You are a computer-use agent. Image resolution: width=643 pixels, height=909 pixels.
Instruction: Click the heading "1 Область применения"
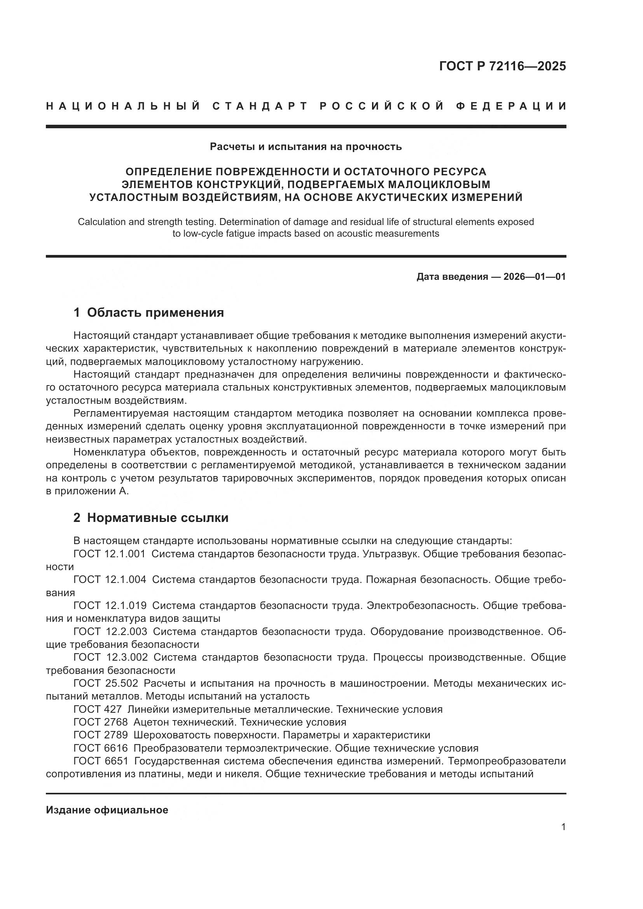click(149, 313)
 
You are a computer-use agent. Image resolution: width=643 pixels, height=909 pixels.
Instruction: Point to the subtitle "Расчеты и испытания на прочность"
click(306, 147)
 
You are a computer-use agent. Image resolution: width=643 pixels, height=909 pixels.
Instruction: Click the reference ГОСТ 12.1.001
click(110, 554)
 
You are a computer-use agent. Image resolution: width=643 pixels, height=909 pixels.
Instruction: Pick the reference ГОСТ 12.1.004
click(110, 579)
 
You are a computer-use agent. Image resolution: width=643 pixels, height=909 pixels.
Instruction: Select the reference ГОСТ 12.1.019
click(110, 605)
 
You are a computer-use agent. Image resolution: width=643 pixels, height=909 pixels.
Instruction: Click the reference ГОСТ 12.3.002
click(110, 657)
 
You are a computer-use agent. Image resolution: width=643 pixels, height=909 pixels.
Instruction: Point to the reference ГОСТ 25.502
click(106, 683)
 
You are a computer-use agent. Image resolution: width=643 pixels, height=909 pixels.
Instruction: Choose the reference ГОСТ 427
click(98, 709)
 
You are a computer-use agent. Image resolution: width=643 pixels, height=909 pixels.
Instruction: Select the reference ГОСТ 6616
click(101, 748)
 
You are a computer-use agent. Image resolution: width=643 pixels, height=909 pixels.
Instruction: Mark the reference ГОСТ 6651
click(101, 761)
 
